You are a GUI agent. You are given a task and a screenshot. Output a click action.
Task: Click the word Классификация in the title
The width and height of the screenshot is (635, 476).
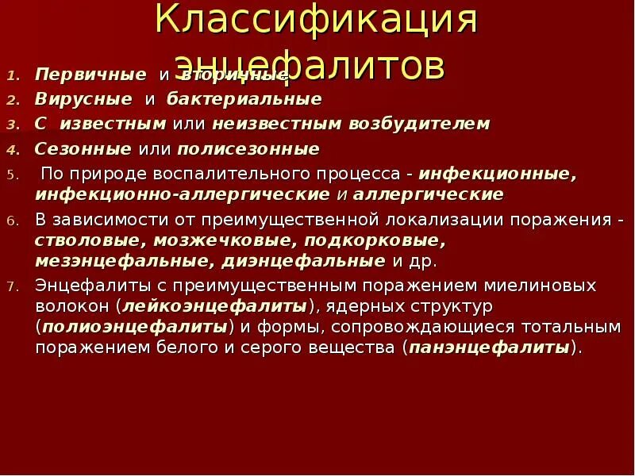tap(317, 21)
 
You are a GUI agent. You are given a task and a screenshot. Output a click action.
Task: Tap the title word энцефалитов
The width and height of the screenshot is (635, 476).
tap(309, 66)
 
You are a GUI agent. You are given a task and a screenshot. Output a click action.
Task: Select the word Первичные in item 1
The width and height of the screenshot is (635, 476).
tap(90, 75)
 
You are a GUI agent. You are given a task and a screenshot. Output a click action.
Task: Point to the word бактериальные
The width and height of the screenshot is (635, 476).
tap(244, 99)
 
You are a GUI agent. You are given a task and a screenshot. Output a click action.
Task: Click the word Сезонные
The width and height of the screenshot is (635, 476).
tap(83, 148)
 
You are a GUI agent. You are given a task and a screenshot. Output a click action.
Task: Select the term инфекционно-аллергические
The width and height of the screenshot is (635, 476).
tap(182, 194)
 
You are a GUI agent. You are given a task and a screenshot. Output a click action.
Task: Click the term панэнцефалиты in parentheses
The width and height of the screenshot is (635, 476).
tap(490, 347)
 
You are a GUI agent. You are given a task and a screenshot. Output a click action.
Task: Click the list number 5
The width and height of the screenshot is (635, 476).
tap(12, 174)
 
